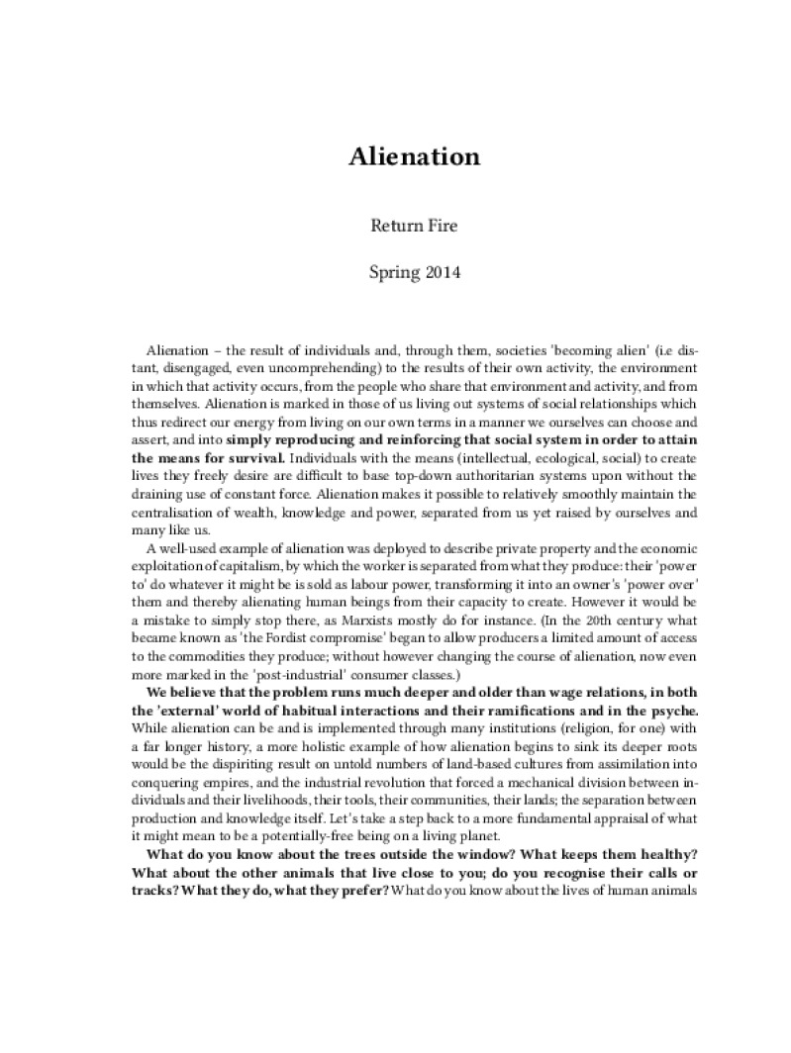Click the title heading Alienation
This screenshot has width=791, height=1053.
[x=414, y=156]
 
